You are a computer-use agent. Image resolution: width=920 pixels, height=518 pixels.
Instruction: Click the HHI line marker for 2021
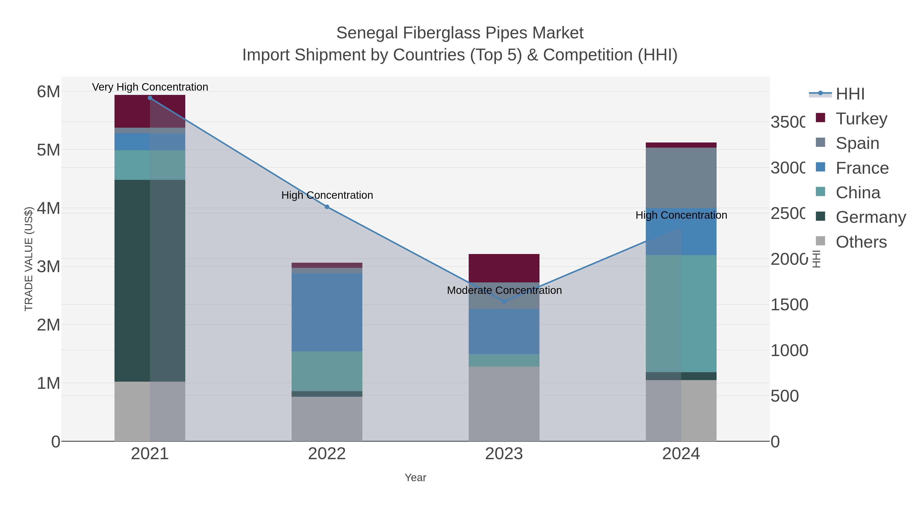150,98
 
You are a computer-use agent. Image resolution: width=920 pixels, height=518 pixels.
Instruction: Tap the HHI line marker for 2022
327,207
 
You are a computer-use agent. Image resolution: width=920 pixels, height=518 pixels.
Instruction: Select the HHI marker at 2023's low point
504,301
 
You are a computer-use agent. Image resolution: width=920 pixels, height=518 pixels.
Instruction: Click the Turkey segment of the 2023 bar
504,268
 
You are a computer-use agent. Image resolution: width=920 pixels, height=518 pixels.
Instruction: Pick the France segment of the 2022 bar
327,312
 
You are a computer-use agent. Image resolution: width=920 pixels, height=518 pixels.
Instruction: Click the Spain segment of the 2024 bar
681,178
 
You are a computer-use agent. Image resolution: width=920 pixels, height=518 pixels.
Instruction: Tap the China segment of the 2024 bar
681,314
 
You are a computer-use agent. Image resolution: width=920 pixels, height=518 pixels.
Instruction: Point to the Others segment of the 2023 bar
504,404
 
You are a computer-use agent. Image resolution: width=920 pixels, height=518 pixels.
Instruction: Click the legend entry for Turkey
861,119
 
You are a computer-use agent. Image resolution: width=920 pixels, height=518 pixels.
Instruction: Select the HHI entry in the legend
850,94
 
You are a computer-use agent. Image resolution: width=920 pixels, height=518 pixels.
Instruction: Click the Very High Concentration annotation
150,87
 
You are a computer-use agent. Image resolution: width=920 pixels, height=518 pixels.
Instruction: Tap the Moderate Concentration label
504,290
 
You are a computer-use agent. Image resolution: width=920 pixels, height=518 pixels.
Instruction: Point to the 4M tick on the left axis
49,208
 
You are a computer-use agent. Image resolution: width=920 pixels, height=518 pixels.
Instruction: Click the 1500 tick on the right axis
789,305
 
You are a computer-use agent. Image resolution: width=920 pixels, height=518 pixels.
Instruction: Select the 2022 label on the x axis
327,454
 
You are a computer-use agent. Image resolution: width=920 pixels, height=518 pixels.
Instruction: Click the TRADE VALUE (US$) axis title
29,259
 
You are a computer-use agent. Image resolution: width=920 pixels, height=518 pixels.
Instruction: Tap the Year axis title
415,478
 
